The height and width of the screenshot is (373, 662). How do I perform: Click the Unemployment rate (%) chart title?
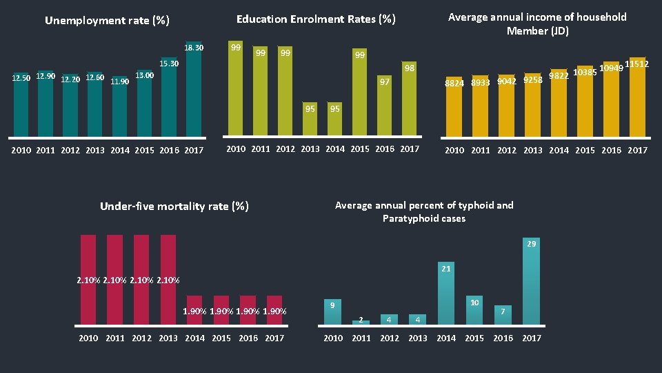107,21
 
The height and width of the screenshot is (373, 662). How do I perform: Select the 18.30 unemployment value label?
194,48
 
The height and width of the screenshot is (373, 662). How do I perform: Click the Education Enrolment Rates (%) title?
316,19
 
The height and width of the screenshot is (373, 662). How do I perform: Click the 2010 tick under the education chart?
236,149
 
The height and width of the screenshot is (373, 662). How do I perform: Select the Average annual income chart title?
537,23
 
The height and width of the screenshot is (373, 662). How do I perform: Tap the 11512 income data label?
636,64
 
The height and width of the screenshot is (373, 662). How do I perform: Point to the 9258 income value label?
532,80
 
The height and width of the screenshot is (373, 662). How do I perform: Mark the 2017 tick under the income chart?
637,150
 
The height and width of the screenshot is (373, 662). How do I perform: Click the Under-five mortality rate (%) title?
174,206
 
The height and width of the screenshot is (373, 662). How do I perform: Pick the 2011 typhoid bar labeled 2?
361,322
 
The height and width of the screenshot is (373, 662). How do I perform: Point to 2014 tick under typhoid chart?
446,338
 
